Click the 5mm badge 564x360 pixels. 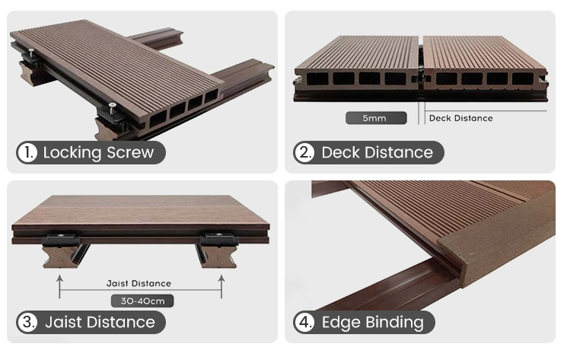[x=376, y=118]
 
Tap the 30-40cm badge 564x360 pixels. [x=142, y=301]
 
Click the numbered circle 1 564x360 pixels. [x=27, y=152]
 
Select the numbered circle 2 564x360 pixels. [x=304, y=152]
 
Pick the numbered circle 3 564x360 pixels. [x=27, y=322]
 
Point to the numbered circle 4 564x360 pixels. [x=304, y=322]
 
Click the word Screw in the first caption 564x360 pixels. [x=130, y=152]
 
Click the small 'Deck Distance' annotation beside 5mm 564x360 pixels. [x=460, y=118]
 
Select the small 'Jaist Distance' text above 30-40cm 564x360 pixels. [x=139, y=283]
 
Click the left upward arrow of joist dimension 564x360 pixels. [x=59, y=287]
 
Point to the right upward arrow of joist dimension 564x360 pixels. [x=221, y=287]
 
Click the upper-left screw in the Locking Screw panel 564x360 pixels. [x=32, y=52]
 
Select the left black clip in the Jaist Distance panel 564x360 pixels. [x=61, y=240]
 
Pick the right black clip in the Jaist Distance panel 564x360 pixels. [x=218, y=240]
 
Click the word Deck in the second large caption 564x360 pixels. [x=340, y=152]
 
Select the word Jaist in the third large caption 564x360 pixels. [x=63, y=322]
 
